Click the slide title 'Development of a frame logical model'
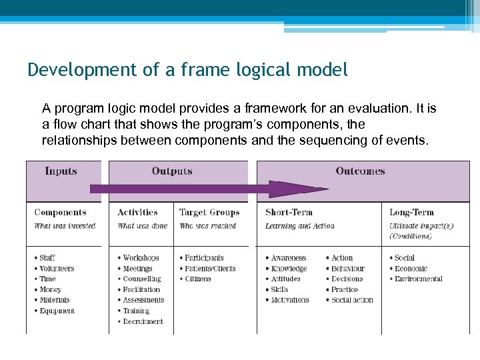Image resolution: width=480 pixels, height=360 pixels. [187, 70]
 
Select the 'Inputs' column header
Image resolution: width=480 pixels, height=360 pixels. [61, 171]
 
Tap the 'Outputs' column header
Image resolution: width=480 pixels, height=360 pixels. [172, 171]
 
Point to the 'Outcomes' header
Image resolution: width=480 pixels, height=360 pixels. [360, 171]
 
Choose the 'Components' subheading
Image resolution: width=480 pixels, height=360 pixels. [60, 213]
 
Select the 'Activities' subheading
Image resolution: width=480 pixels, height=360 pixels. [137, 213]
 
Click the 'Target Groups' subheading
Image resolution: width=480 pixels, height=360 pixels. [209, 213]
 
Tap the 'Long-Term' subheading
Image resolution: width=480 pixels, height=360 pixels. [412, 213]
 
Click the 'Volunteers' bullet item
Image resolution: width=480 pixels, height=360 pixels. [57, 269]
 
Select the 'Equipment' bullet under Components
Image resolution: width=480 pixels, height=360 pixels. [57, 311]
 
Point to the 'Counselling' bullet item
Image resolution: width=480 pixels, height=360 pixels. [141, 279]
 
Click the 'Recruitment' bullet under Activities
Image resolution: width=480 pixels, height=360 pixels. [143, 321]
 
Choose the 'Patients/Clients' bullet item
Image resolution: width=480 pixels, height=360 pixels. [210, 269]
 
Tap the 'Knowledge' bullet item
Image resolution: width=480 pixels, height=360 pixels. [289, 269]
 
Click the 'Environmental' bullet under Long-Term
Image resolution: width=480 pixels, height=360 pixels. [418, 279]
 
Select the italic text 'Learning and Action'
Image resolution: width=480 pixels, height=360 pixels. [299, 226]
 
